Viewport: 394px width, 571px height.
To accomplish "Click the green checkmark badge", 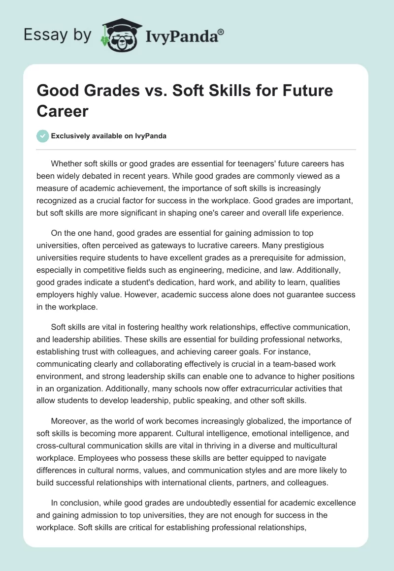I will pyautogui.click(x=43, y=136).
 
